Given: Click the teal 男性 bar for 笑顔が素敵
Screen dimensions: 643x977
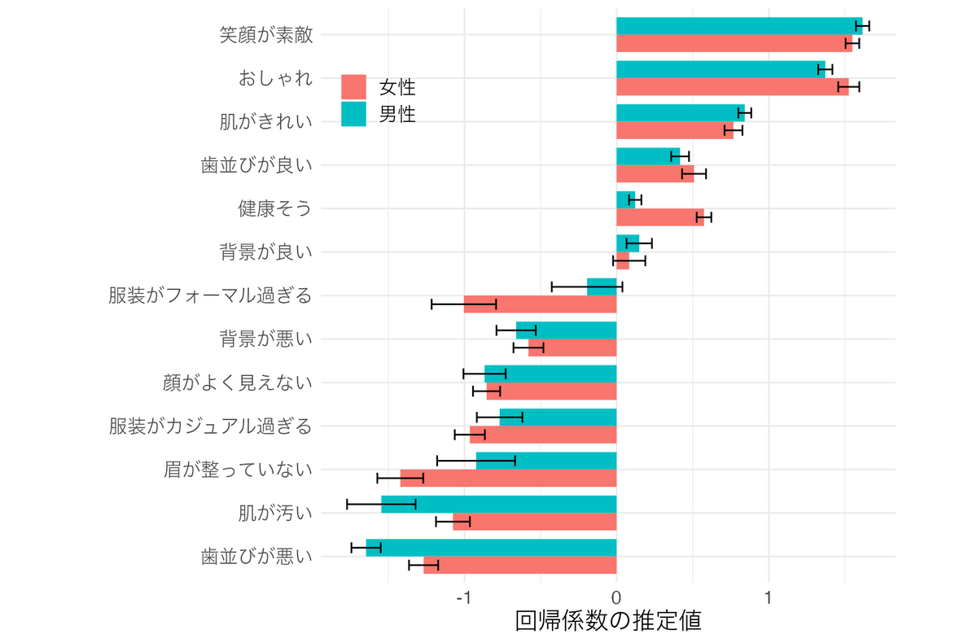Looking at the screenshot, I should point(737,26).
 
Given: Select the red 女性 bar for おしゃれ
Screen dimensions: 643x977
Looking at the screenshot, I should point(731,87).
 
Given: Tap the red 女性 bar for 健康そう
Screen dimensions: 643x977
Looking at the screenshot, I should point(659,217).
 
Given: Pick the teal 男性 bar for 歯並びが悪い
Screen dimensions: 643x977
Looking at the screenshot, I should point(491,547).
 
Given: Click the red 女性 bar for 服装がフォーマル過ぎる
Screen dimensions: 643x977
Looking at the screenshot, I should point(540,304).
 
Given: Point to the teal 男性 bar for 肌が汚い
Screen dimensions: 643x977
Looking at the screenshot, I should point(498,504).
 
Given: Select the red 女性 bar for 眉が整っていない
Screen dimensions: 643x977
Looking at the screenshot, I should point(508,478).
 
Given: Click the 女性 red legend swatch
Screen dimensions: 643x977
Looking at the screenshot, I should point(354,87).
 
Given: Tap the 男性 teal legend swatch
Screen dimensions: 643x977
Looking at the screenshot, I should point(354,114).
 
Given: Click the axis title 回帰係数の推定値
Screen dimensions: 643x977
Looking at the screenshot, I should point(608,622).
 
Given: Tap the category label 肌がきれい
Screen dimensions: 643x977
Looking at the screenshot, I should point(266,122).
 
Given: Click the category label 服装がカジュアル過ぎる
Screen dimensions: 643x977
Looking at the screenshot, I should point(210,426).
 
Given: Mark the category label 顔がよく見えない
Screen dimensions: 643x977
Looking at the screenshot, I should point(238,383).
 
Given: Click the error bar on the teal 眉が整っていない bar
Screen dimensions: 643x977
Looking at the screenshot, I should point(476,461).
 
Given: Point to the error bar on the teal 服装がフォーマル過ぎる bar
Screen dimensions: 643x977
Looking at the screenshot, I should point(587,287).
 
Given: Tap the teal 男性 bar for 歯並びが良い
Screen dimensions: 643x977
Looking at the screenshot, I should point(647,156).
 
